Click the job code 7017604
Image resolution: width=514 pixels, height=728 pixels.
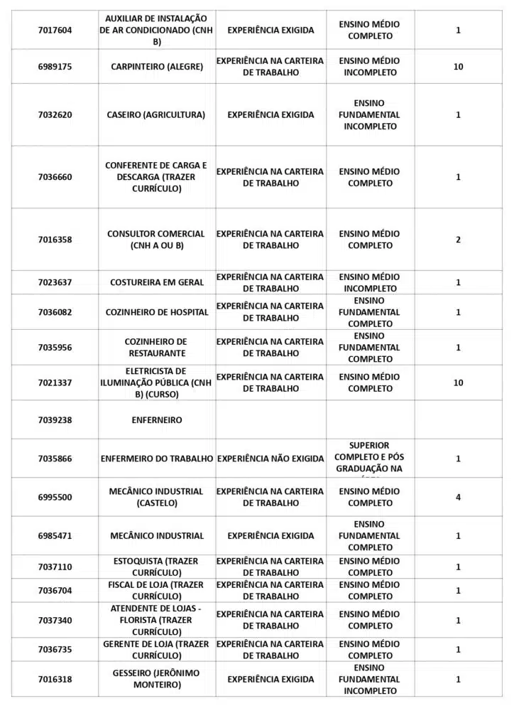click(55, 30)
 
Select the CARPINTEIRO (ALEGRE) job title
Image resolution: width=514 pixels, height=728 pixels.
click(157, 67)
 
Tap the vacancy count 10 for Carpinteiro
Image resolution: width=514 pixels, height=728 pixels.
click(458, 67)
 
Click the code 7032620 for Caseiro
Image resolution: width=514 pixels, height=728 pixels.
click(55, 114)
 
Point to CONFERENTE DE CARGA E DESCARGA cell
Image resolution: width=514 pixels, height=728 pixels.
click(156, 177)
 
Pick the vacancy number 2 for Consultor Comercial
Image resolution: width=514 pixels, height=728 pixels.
click(458, 240)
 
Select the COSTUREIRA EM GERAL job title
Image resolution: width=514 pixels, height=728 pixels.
click(157, 282)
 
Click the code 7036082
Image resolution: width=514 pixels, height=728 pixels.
click(55, 312)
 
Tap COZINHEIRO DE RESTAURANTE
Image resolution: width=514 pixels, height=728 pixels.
click(157, 348)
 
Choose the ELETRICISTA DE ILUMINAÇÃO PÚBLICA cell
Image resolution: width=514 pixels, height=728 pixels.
click(156, 382)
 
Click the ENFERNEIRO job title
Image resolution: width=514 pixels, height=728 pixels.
click(157, 420)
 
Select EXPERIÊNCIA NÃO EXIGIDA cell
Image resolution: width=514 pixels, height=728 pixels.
click(270, 459)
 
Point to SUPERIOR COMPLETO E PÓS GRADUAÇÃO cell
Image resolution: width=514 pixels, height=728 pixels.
click(369, 458)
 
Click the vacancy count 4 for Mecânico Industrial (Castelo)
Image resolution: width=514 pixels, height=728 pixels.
click(458, 497)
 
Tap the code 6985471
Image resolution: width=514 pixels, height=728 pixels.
click(55, 536)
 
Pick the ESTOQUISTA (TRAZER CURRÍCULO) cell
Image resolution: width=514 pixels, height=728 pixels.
click(157, 567)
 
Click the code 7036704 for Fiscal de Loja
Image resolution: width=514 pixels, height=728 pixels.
click(55, 590)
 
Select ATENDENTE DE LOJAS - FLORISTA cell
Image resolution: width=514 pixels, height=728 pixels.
click(156, 620)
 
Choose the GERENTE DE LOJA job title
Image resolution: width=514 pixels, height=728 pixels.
click(156, 650)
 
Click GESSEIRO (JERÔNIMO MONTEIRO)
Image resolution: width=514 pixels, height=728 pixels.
click(156, 679)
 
